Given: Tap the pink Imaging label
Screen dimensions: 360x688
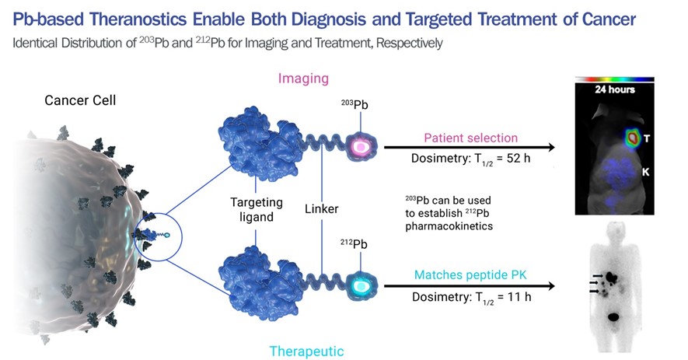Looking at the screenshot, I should coord(303,78).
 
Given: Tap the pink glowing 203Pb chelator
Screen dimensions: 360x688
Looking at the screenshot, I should coord(361,145).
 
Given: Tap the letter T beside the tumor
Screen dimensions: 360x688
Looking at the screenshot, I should coord(648,138).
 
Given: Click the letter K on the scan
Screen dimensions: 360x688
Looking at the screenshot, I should coord(644,169).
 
